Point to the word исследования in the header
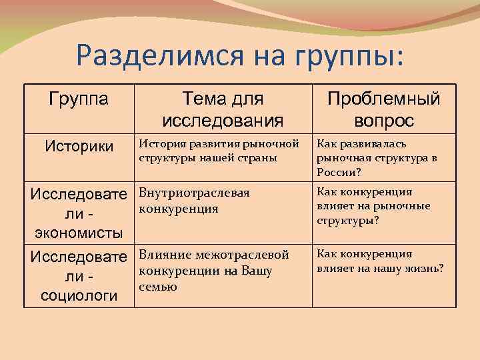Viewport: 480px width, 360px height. [x=223, y=120]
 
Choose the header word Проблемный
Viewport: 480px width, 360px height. [x=383, y=99]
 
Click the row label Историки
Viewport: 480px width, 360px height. [x=79, y=145]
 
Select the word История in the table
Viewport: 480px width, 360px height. [x=161, y=144]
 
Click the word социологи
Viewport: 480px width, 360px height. [x=79, y=296]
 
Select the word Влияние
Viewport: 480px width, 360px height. [x=164, y=255]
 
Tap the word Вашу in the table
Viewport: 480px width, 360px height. [x=257, y=271]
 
